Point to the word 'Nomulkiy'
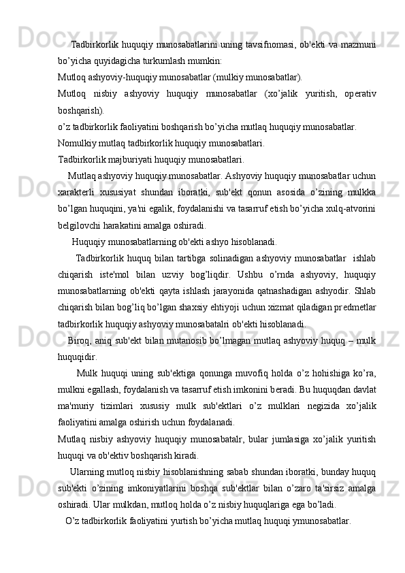pos(77,144)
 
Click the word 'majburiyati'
pos(130,160)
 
